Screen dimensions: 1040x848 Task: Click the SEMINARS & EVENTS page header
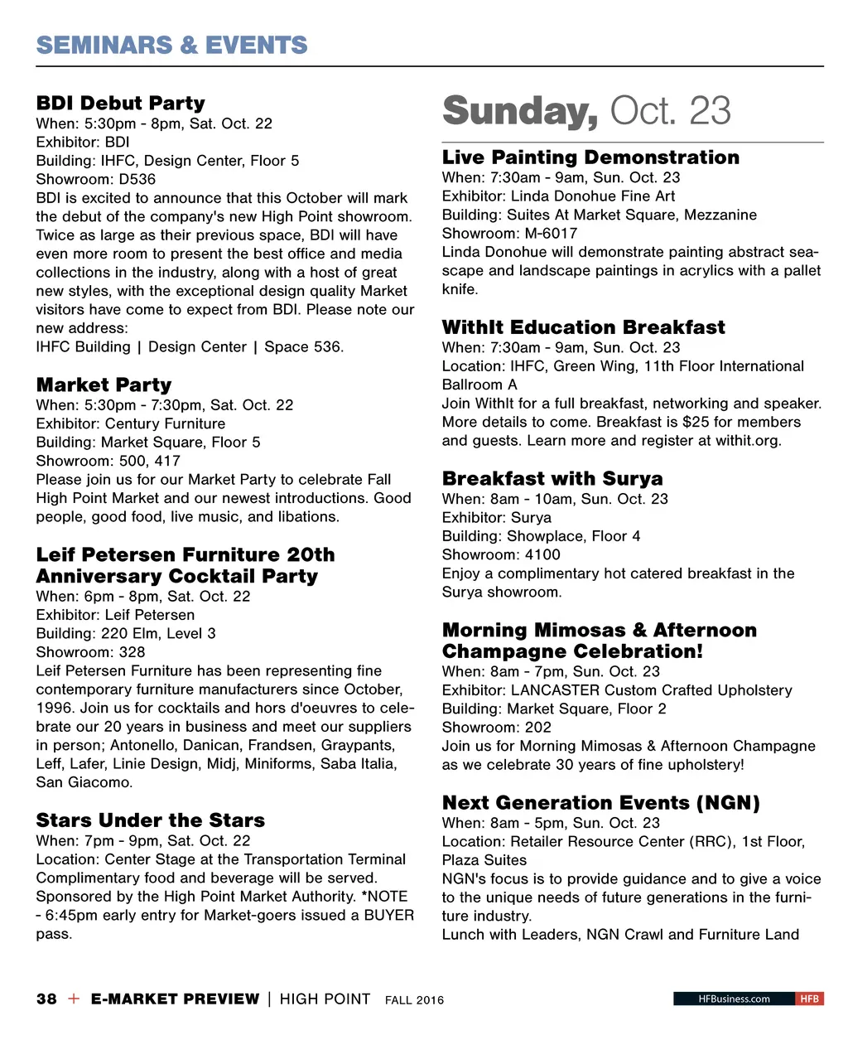tap(171, 45)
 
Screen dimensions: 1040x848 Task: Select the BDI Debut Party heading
tap(121, 104)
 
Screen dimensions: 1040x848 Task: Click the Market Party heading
tap(104, 385)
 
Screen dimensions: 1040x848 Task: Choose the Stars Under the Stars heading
tap(151, 820)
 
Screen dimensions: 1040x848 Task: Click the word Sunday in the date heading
tap(520, 111)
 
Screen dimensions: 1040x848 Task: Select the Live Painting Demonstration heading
tap(590, 157)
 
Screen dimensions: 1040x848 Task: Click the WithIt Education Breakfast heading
tap(583, 327)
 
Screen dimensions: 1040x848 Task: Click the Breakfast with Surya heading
tap(552, 479)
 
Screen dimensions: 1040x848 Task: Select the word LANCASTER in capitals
tap(554, 690)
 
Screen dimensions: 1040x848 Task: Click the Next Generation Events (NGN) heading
tap(600, 803)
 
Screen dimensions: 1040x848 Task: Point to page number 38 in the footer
tap(46, 999)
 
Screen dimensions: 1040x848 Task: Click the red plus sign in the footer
tap(74, 999)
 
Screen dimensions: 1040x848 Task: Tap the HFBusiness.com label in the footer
tap(734, 999)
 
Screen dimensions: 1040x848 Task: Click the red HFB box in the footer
tap(809, 999)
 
